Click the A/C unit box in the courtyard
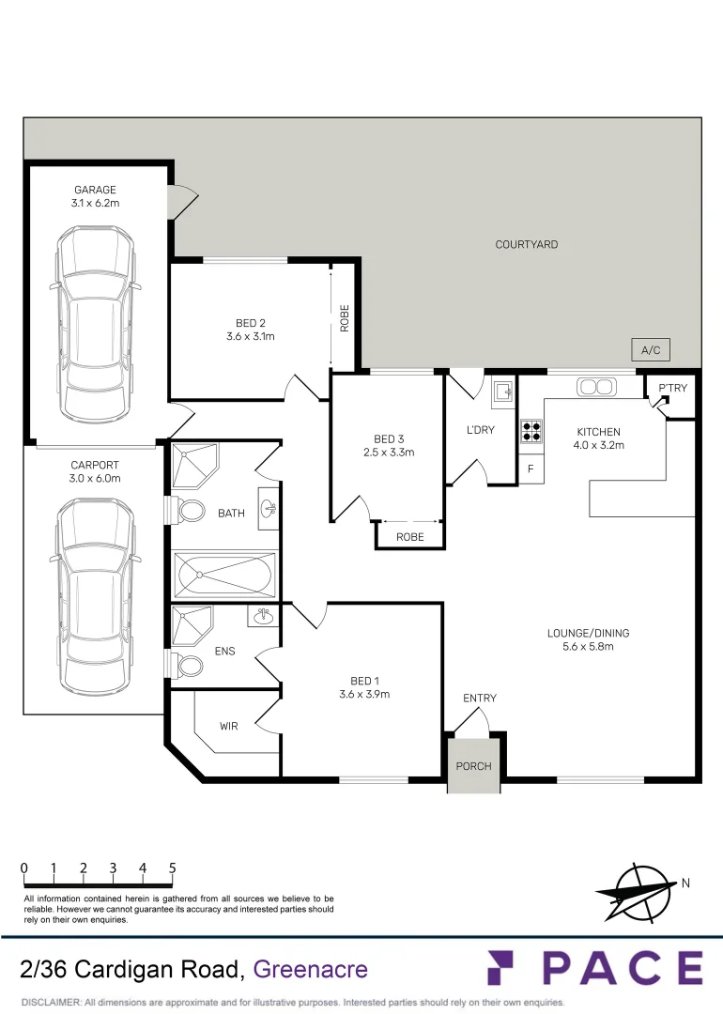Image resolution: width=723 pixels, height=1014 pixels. coord(651,350)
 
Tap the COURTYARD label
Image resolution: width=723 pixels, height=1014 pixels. coord(527,244)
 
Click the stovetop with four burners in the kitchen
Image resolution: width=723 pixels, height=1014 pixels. coord(531,430)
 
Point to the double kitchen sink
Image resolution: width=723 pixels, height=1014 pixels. coord(595,386)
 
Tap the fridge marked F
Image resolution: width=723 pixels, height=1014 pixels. coord(531,469)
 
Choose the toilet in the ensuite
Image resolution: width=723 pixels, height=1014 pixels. coord(189,666)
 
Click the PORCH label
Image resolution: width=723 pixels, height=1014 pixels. coord(473,766)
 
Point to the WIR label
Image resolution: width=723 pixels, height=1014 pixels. coord(229,726)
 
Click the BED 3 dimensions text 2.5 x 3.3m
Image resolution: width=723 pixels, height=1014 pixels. coord(389,452)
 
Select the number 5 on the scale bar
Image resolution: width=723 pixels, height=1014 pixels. coord(173,868)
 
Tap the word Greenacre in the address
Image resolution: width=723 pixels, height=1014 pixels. coord(311,969)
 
